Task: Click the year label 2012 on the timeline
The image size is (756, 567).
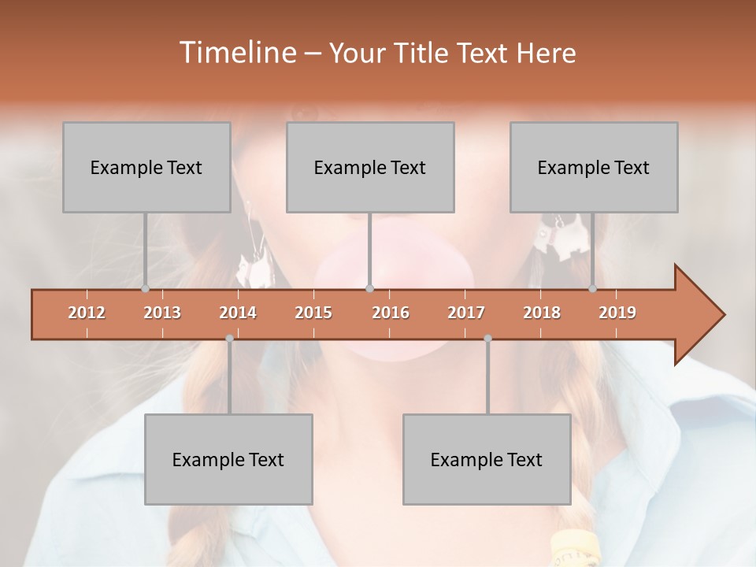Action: tap(87, 313)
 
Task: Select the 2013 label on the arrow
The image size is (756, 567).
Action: tap(162, 313)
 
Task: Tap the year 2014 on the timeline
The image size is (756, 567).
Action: tap(238, 313)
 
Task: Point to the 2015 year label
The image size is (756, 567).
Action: tap(313, 313)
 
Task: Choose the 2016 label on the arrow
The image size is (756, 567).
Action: tap(391, 313)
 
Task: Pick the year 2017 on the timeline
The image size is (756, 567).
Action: tap(466, 313)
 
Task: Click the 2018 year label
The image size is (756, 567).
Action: tap(542, 313)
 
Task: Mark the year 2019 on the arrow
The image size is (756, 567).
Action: tap(617, 313)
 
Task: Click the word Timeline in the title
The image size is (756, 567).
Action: tap(236, 53)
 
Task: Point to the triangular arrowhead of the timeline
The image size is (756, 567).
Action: tap(698, 315)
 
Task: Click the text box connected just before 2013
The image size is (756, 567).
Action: tap(146, 167)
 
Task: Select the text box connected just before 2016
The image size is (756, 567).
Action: tap(370, 167)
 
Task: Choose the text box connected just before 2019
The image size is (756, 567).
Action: tap(594, 167)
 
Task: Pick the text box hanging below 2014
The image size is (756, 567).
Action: tap(228, 459)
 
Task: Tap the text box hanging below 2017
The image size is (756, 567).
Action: tap(487, 459)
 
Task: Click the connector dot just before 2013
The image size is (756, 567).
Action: tap(145, 289)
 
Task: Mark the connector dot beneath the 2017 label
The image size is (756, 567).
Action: tap(487, 339)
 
